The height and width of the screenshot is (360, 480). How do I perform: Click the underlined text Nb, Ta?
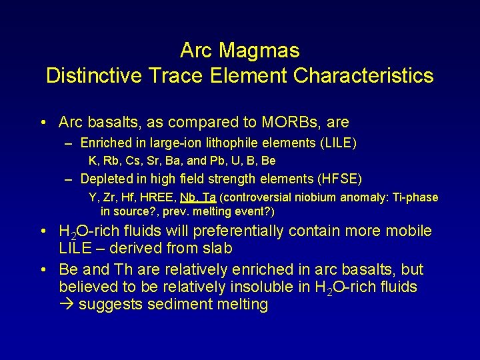pyautogui.click(x=199, y=197)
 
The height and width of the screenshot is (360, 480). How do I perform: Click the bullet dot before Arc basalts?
pyautogui.click(x=43, y=123)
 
